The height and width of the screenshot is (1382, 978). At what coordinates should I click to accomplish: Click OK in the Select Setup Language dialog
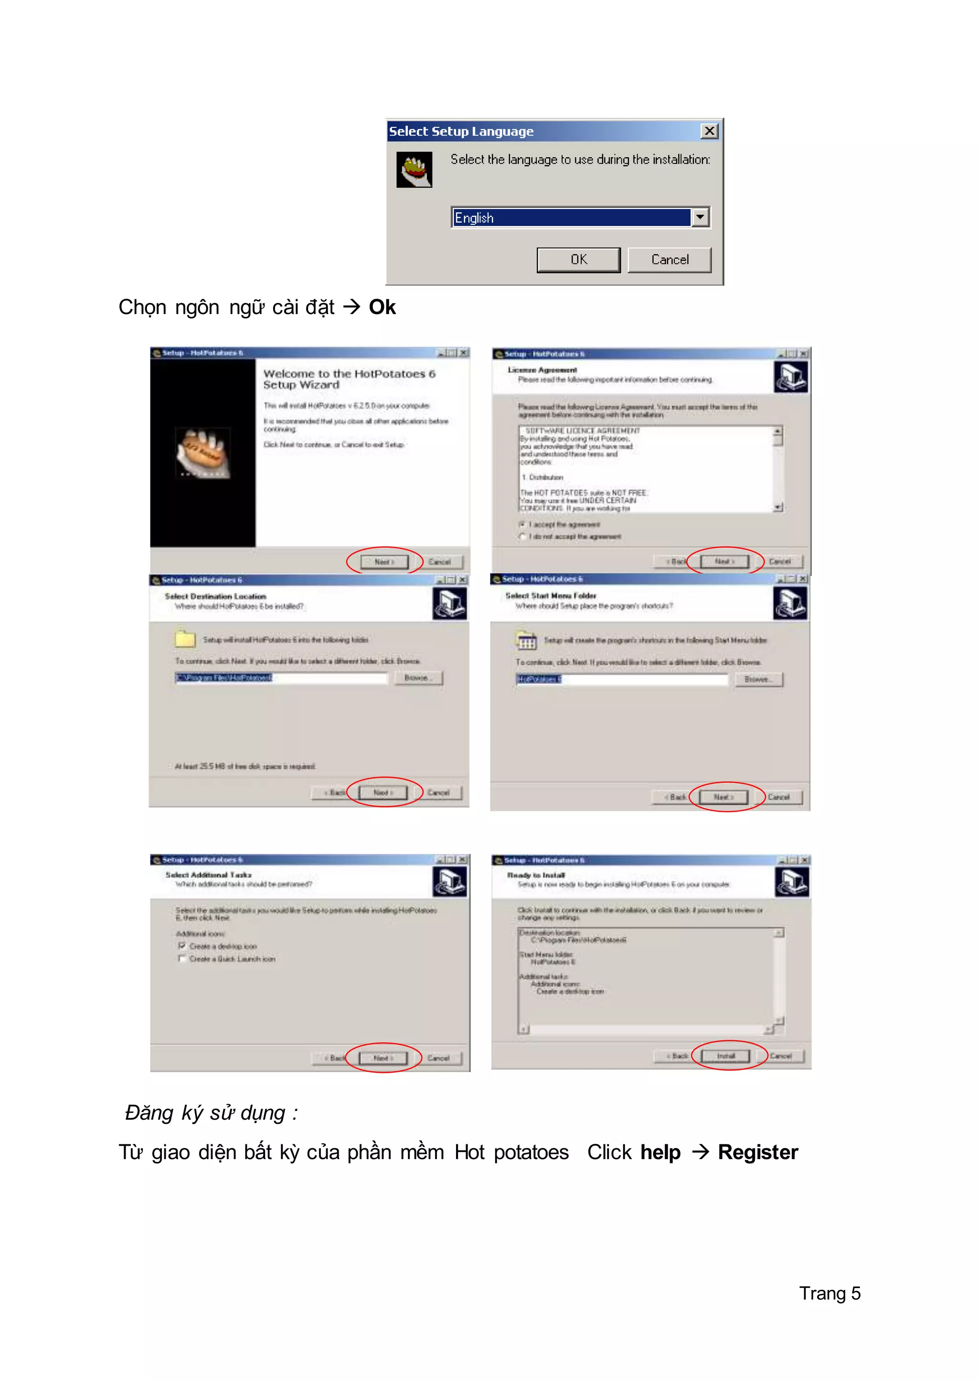click(578, 260)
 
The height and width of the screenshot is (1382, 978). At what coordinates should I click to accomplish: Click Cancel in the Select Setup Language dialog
click(669, 260)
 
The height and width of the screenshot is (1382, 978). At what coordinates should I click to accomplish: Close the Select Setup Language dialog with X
click(710, 131)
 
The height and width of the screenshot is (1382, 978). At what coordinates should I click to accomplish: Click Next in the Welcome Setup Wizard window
click(384, 562)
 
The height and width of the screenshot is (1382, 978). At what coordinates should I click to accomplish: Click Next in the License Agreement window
click(724, 562)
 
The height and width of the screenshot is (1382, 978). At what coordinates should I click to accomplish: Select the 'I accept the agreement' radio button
click(522, 525)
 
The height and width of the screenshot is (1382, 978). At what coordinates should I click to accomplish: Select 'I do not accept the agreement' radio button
click(522, 536)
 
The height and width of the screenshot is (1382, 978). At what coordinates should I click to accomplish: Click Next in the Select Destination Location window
click(383, 793)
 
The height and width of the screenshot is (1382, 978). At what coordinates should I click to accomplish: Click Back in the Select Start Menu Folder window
click(676, 797)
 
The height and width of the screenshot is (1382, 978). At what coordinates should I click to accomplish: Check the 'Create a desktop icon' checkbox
click(182, 946)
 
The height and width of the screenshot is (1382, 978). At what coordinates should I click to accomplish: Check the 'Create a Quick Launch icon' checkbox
click(182, 959)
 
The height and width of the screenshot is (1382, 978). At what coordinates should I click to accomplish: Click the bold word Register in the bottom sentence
click(757, 1152)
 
